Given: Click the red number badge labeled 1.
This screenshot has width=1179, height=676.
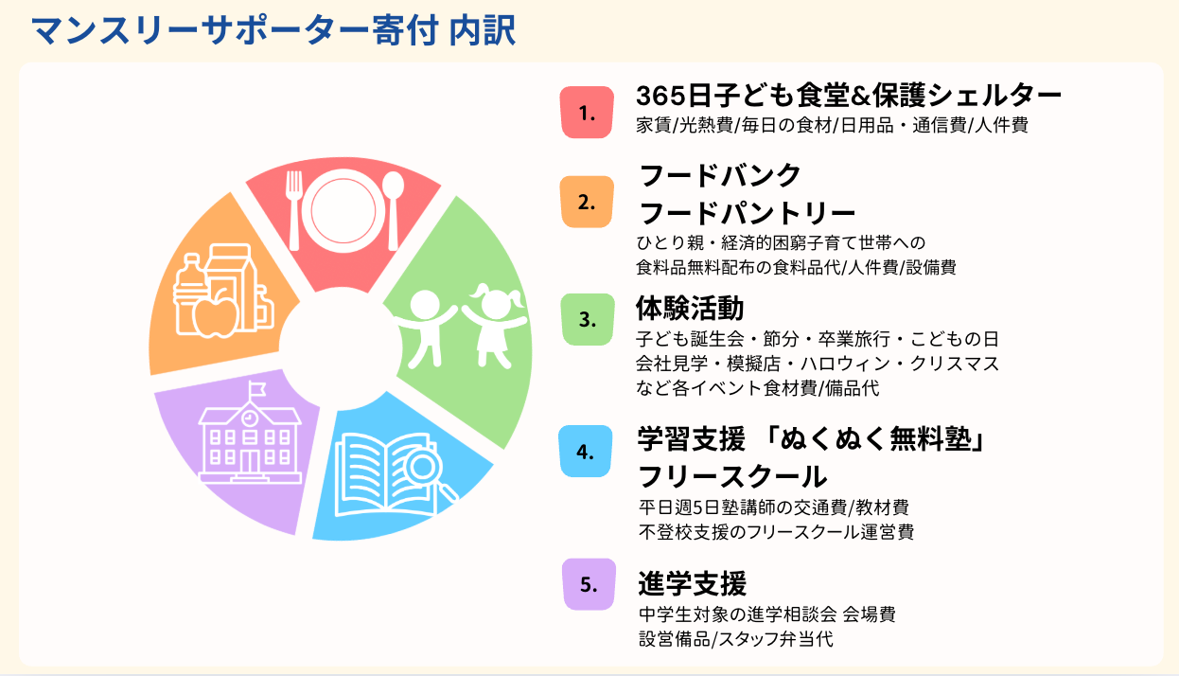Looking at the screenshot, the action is pos(587,112).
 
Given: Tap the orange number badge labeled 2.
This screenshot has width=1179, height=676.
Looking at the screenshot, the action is pos(587,202).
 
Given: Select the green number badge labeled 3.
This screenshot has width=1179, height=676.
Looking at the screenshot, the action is pos(588,319).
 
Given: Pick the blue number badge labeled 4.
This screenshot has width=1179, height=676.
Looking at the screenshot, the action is pos(586,452).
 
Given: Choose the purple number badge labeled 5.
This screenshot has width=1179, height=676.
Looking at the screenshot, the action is pos(589,584).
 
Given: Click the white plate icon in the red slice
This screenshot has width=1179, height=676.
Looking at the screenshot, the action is pos(343,210).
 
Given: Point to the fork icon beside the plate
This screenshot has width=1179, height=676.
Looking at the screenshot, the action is pos(293,210).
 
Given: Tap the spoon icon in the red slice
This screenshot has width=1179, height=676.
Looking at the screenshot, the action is pos(393,210).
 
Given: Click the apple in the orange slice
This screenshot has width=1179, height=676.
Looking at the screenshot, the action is pos(215,312).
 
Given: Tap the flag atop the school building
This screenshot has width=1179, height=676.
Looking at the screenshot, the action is pos(257,388).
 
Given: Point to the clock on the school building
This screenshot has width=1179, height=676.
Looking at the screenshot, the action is pos(250,418).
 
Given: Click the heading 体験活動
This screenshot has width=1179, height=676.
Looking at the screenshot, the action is pos(690,309).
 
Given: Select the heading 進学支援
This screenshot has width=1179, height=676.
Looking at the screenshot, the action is pos(692,583).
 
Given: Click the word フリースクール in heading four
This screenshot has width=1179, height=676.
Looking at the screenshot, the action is pos(732,476).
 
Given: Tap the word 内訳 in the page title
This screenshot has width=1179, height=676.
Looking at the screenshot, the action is pos(483,30).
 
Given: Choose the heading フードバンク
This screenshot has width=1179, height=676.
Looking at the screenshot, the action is pos(720,175).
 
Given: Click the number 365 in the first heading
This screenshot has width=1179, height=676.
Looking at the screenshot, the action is pos(661,96).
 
